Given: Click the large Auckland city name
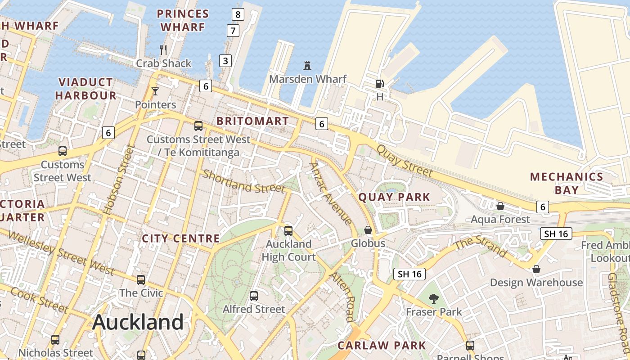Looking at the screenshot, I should [x=138, y=322].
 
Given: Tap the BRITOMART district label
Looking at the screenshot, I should [x=252, y=121].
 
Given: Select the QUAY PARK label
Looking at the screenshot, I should [x=394, y=197].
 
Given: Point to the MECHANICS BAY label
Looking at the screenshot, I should [x=566, y=183].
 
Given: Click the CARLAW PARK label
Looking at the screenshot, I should [x=382, y=346].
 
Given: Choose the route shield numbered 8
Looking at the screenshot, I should [x=238, y=14].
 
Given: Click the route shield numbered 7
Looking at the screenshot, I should [x=233, y=31].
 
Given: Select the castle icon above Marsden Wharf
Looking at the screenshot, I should [x=307, y=66].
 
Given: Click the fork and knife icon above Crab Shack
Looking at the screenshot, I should [x=163, y=49].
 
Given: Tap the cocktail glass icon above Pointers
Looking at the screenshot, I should [x=155, y=91].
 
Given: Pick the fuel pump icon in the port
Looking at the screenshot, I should [x=380, y=83].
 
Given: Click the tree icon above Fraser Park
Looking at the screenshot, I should [x=434, y=298].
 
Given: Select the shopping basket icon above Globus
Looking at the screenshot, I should [x=368, y=230].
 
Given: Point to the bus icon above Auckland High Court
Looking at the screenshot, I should [x=288, y=230].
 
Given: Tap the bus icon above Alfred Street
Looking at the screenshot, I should [x=254, y=296].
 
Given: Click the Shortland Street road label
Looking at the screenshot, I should [x=243, y=181].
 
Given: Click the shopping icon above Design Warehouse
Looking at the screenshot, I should [x=536, y=269].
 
